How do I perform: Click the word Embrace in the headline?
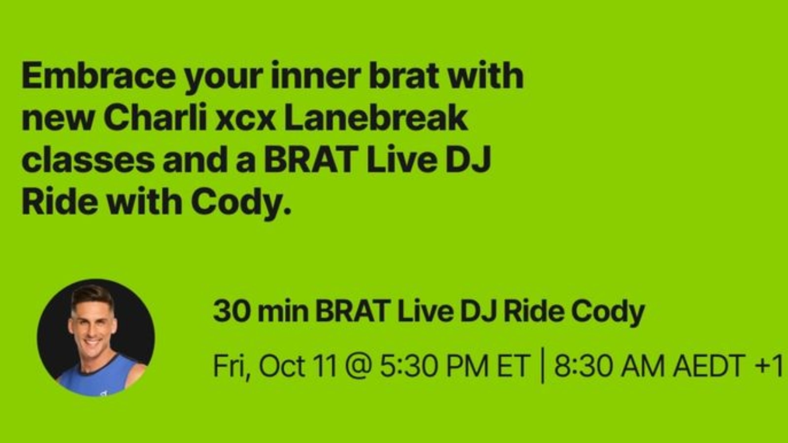pos(98,76)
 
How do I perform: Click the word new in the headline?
pos(58,121)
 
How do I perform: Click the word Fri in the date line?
pos(231,366)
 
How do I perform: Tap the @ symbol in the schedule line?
pos(358,366)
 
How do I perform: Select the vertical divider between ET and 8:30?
pos(542,366)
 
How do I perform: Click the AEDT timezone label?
pos(709,366)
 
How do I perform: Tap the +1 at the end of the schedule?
pos(769,366)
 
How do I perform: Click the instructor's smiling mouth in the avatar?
pos(93,342)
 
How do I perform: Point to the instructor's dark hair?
pos(92,295)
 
